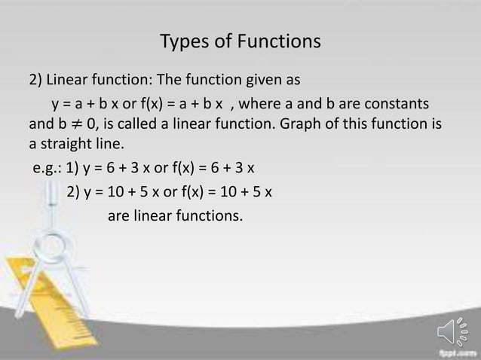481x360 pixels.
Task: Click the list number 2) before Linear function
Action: coord(36,79)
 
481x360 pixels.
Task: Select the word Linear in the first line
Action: coord(70,79)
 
